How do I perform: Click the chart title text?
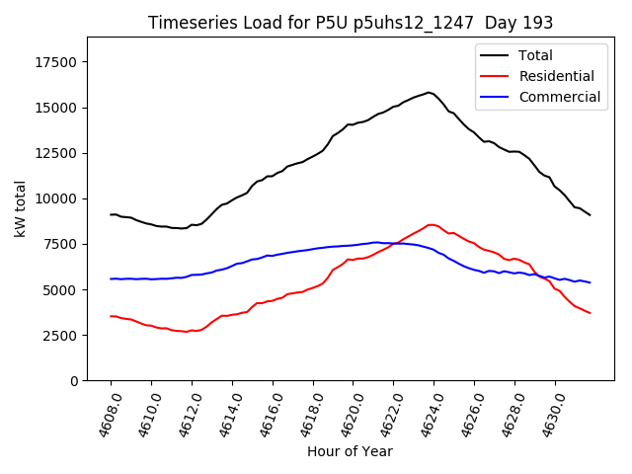tap(351, 23)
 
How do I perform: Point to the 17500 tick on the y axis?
tap(57, 62)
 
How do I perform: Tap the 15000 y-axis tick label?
tap(57, 108)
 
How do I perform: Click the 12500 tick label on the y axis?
tap(57, 153)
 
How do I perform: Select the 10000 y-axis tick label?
tap(57, 198)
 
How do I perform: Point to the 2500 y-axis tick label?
tap(61, 335)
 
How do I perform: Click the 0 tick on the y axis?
tap(74, 381)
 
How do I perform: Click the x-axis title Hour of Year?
tap(350, 451)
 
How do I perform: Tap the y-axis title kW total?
tap(20, 208)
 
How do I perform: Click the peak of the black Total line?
tap(429, 93)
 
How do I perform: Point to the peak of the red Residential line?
tap(430, 224)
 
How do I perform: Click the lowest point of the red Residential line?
tap(186, 332)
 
